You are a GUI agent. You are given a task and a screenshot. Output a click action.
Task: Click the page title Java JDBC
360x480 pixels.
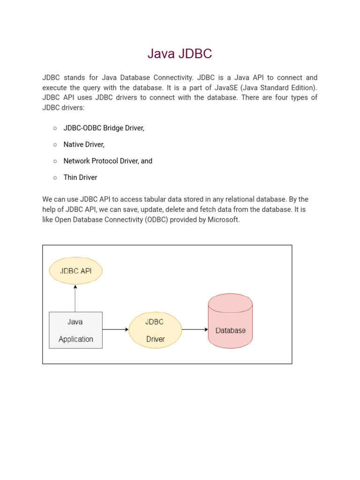click(x=180, y=54)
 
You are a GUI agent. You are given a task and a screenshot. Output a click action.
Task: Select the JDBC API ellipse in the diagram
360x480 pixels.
click(x=75, y=271)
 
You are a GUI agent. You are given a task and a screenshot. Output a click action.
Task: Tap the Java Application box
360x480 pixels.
click(x=75, y=330)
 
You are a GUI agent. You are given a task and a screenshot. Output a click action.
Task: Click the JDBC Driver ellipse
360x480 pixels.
click(x=155, y=330)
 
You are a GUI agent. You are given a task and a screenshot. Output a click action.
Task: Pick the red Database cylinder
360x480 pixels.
click(x=230, y=322)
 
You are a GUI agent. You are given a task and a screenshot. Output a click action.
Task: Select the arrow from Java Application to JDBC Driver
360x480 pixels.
click(x=115, y=330)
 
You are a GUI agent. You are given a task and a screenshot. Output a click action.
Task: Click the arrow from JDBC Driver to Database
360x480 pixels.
click(x=195, y=330)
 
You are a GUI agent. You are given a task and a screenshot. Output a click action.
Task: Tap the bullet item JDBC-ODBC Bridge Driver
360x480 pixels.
click(x=104, y=128)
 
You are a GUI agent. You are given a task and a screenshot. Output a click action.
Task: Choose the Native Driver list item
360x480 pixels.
click(x=84, y=144)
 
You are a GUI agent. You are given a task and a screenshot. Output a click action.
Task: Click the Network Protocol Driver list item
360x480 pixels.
click(x=108, y=161)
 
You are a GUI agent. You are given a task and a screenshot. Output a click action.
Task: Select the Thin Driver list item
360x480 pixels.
click(x=80, y=177)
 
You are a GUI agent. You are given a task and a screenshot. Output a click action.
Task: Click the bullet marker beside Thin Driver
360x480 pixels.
click(x=55, y=178)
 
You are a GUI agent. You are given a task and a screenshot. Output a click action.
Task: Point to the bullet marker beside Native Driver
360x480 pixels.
click(x=55, y=145)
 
